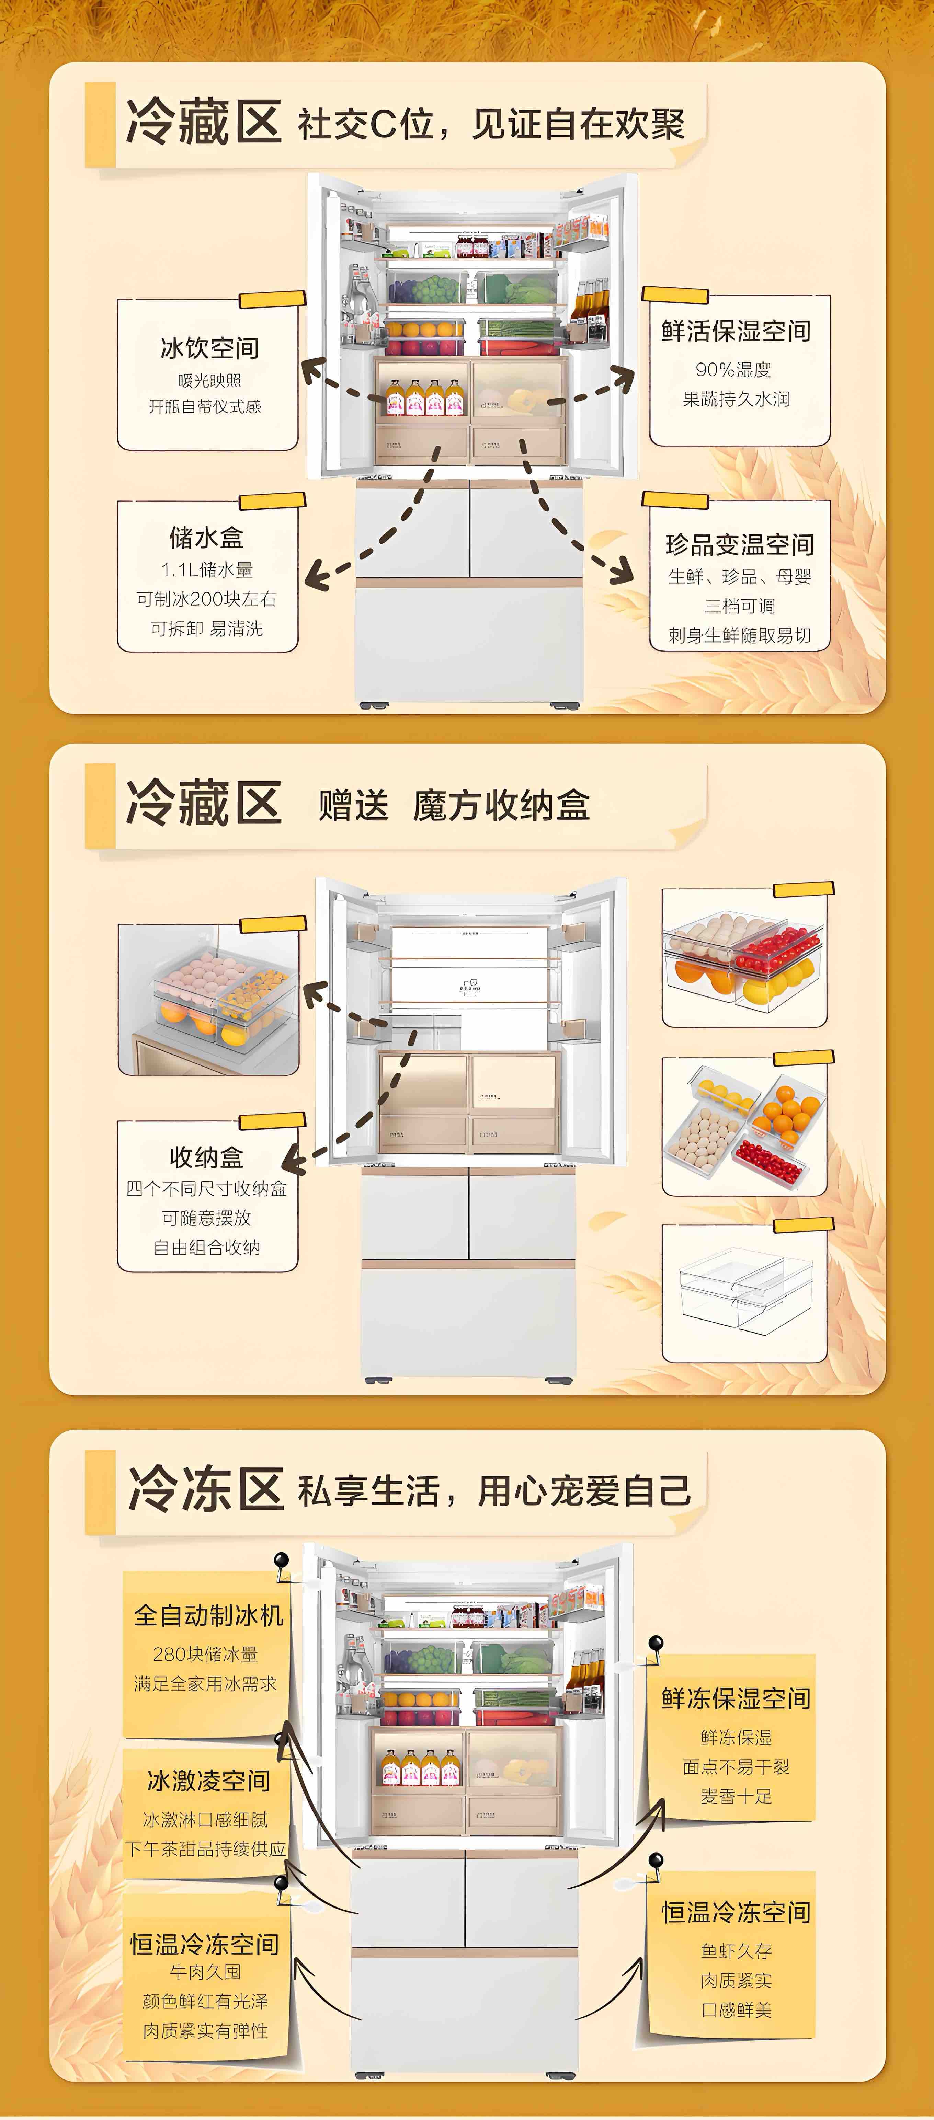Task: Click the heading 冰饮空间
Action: point(209,348)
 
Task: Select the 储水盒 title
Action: point(207,538)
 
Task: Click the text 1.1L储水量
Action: point(207,569)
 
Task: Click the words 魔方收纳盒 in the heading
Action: point(501,805)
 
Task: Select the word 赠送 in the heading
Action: point(353,805)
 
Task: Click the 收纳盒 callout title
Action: point(207,1157)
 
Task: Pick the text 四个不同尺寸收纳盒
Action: point(207,1188)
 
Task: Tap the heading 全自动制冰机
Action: point(208,1615)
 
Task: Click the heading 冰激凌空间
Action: point(208,1781)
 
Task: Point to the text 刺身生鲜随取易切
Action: point(739,635)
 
